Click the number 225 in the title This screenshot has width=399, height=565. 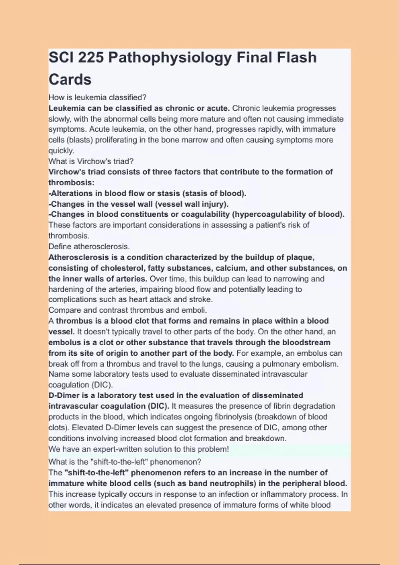click(x=90, y=57)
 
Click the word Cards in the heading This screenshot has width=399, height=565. click(x=70, y=80)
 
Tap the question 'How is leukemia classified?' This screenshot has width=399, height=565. click(x=97, y=97)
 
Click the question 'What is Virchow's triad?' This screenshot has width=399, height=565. click(x=91, y=161)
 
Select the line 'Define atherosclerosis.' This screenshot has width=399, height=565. click(x=89, y=247)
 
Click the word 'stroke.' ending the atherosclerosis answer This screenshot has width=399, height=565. click(x=200, y=299)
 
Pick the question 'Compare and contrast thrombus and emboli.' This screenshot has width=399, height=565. click(x=128, y=310)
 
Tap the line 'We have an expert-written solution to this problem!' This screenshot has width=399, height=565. click(x=138, y=449)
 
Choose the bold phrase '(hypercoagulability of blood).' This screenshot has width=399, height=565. click(x=288, y=214)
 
